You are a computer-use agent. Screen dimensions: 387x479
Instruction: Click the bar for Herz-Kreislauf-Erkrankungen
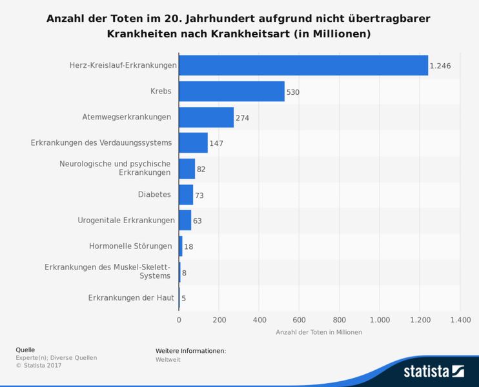(303, 65)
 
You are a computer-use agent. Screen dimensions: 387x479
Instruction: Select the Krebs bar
(232, 92)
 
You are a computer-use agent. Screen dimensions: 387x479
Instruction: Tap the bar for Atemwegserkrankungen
(206, 117)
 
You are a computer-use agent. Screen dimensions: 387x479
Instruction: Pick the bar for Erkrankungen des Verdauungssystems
(193, 143)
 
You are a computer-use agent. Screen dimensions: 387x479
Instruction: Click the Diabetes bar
(186, 195)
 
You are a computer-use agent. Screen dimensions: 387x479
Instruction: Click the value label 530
(293, 92)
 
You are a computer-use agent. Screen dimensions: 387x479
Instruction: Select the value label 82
(201, 169)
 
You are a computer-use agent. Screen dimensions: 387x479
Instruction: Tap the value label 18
(189, 246)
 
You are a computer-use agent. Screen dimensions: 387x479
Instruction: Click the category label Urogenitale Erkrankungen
(126, 220)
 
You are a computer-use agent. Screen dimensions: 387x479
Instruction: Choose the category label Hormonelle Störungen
(130, 246)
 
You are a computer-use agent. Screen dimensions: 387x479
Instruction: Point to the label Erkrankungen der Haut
(131, 297)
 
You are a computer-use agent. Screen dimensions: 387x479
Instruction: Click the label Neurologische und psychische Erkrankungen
(115, 168)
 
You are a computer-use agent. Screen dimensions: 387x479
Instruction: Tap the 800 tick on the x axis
(340, 319)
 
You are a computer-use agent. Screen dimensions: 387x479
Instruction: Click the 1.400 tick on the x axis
(459, 319)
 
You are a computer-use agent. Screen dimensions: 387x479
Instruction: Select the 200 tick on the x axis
(219, 319)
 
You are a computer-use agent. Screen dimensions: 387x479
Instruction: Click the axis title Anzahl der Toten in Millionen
(319, 332)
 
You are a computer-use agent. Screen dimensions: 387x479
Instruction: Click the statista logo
(433, 371)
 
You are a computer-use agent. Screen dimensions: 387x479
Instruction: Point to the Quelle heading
(25, 350)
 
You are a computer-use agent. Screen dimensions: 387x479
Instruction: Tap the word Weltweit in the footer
(168, 359)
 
